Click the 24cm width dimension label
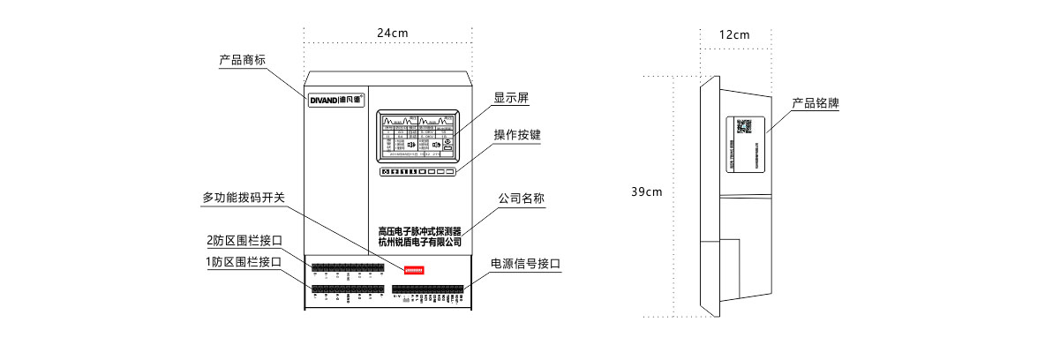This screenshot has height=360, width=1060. [x=393, y=33]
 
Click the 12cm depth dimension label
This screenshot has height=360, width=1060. [x=734, y=35]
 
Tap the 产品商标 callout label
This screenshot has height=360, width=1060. [x=243, y=61]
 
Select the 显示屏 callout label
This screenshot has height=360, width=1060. [x=511, y=98]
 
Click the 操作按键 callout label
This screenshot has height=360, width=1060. [x=517, y=135]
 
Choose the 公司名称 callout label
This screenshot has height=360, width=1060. [x=521, y=199]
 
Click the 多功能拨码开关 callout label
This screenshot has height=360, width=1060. [x=244, y=199]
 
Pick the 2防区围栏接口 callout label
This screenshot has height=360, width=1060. [x=244, y=240]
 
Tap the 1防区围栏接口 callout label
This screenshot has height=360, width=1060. [x=244, y=262]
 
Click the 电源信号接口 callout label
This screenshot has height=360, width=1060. [x=526, y=263]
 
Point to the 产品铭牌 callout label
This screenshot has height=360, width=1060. [x=815, y=103]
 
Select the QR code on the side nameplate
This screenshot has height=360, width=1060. [x=744, y=125]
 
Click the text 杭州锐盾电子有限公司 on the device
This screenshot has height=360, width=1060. [x=419, y=242]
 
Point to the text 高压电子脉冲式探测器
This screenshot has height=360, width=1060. [x=419, y=230]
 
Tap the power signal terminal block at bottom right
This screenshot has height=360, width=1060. [x=427, y=289]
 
